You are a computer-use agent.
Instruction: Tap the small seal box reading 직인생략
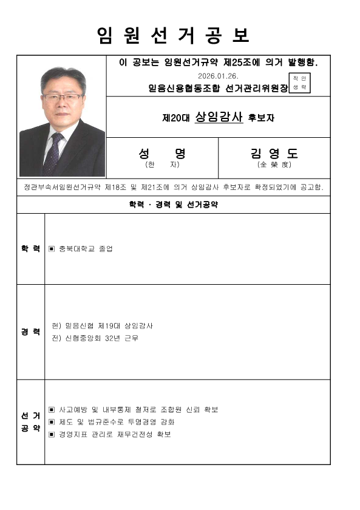point(300,83)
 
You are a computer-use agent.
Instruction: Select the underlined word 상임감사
point(219,118)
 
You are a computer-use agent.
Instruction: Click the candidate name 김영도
point(273,153)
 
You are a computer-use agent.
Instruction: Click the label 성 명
point(161,153)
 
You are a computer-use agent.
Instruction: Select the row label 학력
point(31,249)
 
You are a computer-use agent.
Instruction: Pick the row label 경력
point(31,331)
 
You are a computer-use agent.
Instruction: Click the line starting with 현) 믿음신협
point(103,325)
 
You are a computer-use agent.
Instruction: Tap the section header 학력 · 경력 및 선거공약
point(173,205)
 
